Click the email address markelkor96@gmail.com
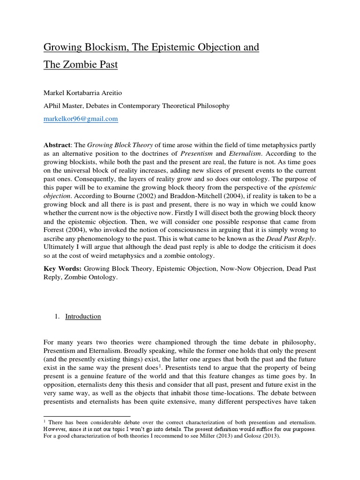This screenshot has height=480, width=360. point(81,119)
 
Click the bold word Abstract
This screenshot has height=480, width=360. point(57,145)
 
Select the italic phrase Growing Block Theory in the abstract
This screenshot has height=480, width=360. point(115,145)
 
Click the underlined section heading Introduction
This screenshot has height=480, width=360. point(83,316)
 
